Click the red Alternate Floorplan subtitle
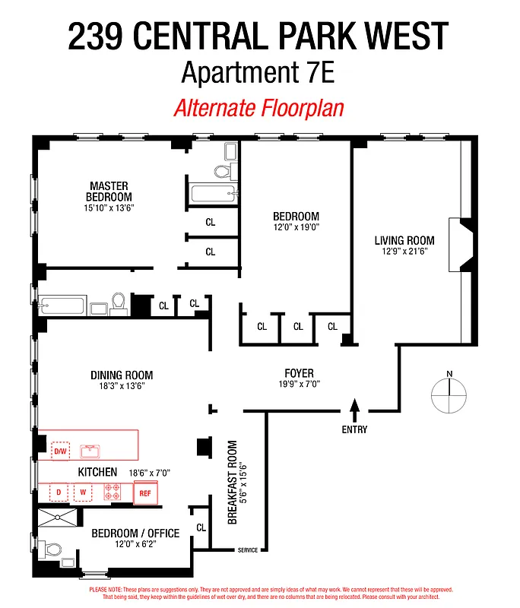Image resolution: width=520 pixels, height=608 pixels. pyautogui.click(x=258, y=108)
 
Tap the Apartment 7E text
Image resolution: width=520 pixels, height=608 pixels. pyautogui.click(x=258, y=73)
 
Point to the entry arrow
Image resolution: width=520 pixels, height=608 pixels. pyautogui.click(x=354, y=410)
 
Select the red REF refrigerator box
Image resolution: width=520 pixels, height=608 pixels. pyautogui.click(x=145, y=492)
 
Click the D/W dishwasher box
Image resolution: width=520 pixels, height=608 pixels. pyautogui.click(x=59, y=451)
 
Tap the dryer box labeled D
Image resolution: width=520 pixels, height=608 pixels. pyautogui.click(x=59, y=492)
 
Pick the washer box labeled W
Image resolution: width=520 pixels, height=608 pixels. pyautogui.click(x=83, y=492)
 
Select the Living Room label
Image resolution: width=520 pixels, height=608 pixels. pyautogui.click(x=404, y=241)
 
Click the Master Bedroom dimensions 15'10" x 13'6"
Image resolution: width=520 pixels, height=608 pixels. pyautogui.click(x=109, y=207)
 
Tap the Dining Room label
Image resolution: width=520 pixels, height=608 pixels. pyautogui.click(x=122, y=375)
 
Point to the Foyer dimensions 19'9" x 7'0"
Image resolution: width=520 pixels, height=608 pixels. pyautogui.click(x=299, y=385)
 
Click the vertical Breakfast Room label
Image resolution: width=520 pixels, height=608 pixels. pyautogui.click(x=233, y=482)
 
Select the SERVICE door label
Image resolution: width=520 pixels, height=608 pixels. pyautogui.click(x=247, y=550)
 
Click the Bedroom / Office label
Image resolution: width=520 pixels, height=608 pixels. pyautogui.click(x=135, y=533)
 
